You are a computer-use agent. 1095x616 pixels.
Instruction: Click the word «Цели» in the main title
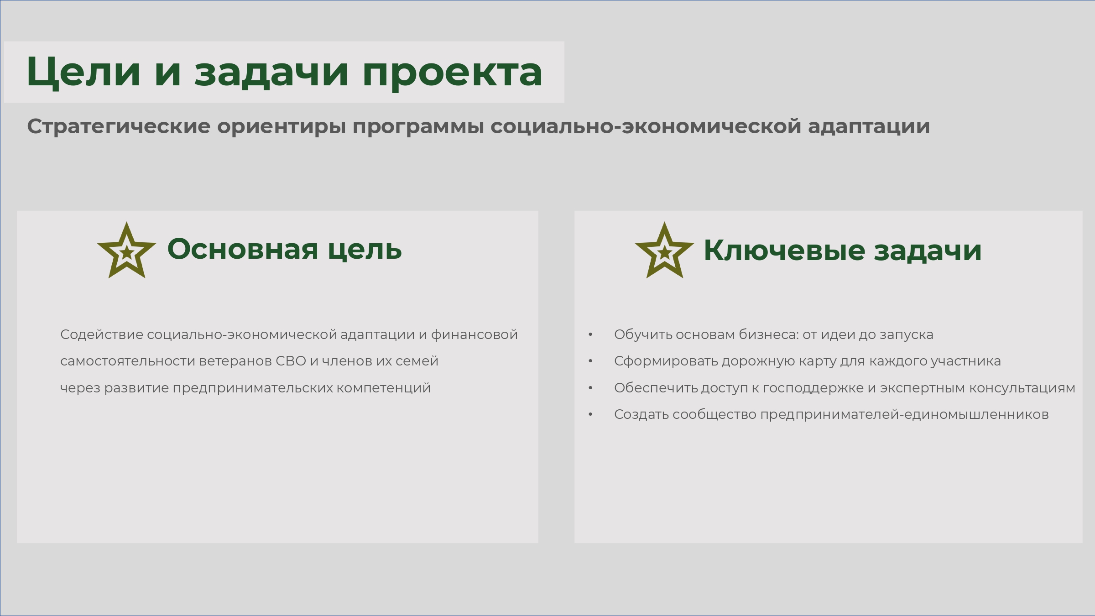83,72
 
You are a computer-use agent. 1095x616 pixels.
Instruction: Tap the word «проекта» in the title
452,73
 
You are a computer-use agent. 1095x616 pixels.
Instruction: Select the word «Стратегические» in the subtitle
119,126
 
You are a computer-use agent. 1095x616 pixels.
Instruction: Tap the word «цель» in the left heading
365,250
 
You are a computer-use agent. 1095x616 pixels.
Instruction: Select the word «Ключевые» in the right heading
784,251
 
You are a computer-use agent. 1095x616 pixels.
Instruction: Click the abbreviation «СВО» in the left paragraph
291,361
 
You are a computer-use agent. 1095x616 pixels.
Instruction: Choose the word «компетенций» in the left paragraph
383,388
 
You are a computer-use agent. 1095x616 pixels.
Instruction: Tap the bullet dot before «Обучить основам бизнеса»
590,335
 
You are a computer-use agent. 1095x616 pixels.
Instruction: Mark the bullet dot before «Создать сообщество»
590,415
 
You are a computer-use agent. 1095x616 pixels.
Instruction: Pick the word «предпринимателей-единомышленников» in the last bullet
904,415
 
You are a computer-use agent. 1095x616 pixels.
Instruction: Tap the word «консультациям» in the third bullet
1022,388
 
